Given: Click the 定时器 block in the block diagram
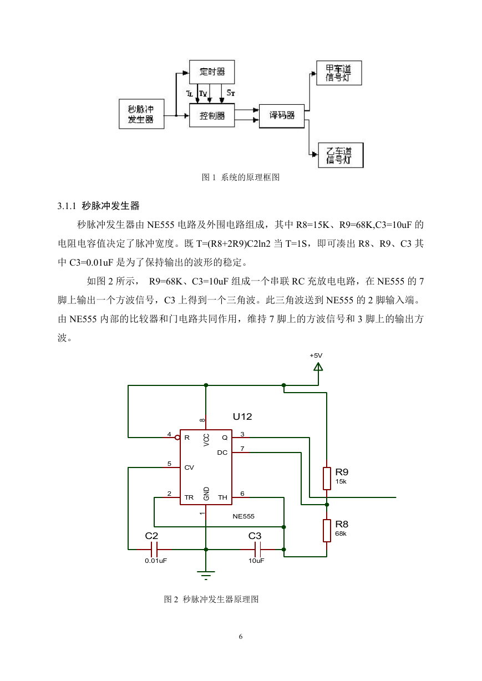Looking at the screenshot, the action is click(x=212, y=72).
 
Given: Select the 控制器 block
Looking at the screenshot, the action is click(x=212, y=115).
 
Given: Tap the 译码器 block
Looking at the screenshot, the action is click(x=282, y=116).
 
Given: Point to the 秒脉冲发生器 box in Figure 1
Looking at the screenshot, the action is click(x=141, y=114).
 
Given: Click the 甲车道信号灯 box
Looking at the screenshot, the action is click(x=339, y=73).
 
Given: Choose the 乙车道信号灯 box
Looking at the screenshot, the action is click(x=341, y=155).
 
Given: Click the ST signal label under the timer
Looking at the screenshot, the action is click(x=231, y=93).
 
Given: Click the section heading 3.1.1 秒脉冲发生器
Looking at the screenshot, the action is click(x=98, y=206).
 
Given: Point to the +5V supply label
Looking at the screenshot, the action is click(x=316, y=355).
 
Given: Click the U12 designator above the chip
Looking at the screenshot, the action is click(x=242, y=416).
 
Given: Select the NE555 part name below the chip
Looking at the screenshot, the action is click(x=243, y=516).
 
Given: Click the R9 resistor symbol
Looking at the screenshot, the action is click(x=327, y=479).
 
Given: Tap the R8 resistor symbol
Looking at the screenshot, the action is click(x=327, y=531).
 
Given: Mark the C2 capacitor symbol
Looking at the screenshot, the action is click(x=154, y=550).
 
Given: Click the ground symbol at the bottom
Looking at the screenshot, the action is click(x=206, y=575).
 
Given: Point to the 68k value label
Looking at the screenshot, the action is click(x=341, y=533).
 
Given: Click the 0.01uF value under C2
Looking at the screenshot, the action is click(x=156, y=561).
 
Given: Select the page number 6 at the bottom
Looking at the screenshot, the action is click(x=241, y=637).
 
